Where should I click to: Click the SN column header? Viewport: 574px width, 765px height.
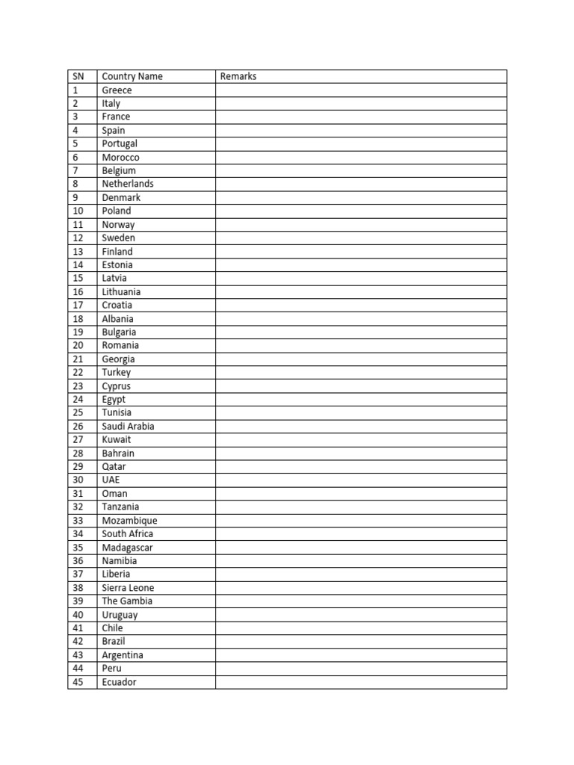tap(78, 76)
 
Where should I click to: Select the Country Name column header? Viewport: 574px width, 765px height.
tap(132, 76)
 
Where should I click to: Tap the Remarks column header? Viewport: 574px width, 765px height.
tap(238, 76)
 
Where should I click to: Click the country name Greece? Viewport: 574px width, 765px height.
tap(117, 90)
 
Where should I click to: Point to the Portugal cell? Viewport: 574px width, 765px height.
tap(120, 143)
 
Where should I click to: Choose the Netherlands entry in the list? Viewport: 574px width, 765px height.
tap(128, 184)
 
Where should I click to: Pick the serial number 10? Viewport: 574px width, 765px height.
tap(78, 211)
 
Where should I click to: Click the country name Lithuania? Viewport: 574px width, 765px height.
tap(121, 291)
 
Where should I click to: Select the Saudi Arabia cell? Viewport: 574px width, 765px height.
tap(129, 426)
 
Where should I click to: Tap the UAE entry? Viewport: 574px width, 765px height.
tap(111, 480)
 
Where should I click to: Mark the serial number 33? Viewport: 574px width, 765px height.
tap(78, 520)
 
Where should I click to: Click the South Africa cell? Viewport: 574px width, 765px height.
tap(128, 533)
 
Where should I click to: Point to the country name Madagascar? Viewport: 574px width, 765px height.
tap(128, 548)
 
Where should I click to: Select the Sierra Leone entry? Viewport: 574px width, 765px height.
tap(129, 588)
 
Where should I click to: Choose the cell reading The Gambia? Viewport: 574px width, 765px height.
tap(127, 601)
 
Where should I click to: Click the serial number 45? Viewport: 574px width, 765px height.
tap(78, 682)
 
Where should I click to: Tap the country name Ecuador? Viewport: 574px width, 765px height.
tap(120, 682)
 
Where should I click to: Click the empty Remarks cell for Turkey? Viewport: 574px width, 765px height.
tap(361, 372)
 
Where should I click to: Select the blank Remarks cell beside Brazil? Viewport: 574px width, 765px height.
tap(361, 642)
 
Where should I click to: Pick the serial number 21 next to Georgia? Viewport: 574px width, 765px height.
tap(78, 359)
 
